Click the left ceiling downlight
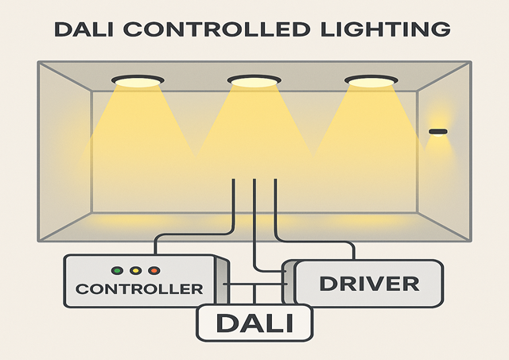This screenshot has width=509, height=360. [x=138, y=81]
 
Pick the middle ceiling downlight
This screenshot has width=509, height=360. [x=254, y=81]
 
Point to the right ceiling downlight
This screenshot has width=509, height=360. [x=371, y=81]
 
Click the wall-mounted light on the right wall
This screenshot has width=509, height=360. [x=438, y=131]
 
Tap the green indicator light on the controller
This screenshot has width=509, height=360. [x=116, y=271]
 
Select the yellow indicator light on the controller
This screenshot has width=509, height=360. [x=135, y=271]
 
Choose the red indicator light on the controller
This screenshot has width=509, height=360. [x=153, y=271]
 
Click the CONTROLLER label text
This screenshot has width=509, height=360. [x=139, y=288]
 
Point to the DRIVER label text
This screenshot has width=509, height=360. [x=368, y=283]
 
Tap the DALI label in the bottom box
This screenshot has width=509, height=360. [x=254, y=323]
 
